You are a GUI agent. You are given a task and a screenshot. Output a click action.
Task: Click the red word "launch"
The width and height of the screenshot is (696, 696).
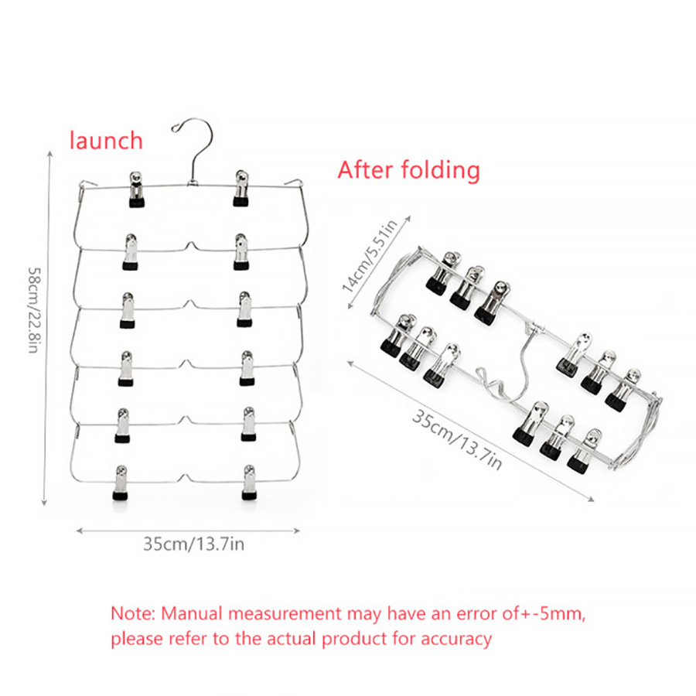[x=106, y=141]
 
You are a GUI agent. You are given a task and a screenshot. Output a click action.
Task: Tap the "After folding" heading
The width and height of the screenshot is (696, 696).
[x=408, y=169]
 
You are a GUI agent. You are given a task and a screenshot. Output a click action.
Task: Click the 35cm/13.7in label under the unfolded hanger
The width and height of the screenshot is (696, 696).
[x=193, y=544]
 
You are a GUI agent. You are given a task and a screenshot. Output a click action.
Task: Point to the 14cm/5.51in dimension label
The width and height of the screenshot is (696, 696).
[x=370, y=255]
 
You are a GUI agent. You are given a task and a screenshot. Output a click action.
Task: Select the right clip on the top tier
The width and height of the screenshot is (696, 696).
[x=241, y=188]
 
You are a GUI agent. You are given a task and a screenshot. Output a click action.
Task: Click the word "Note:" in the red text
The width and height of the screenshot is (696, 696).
[x=134, y=614]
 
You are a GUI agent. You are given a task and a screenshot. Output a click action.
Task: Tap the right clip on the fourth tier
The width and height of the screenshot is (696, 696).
[x=247, y=367]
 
